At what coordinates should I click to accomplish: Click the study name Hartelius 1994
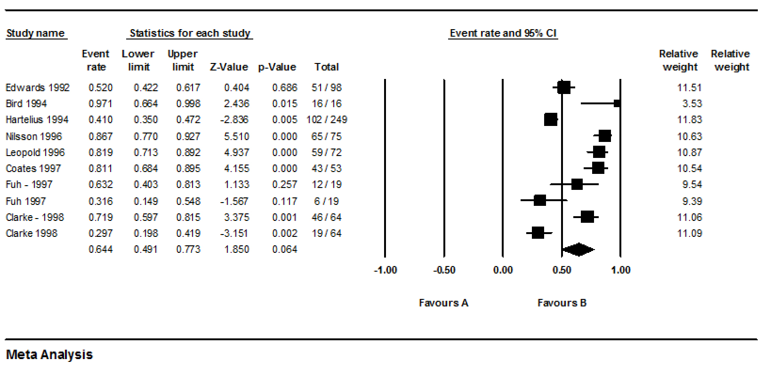click(x=37, y=120)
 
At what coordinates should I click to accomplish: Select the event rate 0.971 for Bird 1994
click(x=100, y=103)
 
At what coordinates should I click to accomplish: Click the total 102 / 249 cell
click(x=326, y=120)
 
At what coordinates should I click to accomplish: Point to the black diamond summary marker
click(x=578, y=250)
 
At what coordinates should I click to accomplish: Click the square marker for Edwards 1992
click(x=563, y=87)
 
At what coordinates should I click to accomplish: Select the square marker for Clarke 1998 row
click(x=538, y=233)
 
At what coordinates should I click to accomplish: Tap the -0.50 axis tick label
click(x=444, y=270)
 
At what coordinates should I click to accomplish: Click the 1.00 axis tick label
click(x=620, y=270)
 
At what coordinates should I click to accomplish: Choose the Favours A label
click(x=443, y=303)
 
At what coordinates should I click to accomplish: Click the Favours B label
click(x=562, y=303)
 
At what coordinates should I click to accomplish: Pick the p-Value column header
click(x=277, y=67)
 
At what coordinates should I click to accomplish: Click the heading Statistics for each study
click(x=190, y=33)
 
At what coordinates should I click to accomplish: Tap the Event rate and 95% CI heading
click(x=503, y=33)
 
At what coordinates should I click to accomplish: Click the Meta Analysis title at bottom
click(x=49, y=354)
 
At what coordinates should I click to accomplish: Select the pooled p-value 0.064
click(x=284, y=250)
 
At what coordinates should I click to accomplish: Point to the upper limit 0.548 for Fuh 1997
click(x=188, y=201)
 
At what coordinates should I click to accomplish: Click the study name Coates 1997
click(x=33, y=168)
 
